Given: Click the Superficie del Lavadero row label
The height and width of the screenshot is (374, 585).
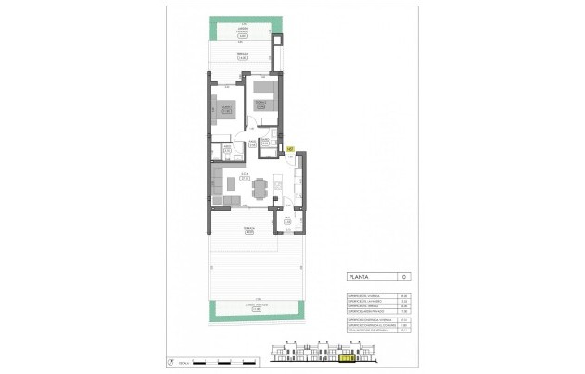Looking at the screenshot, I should click(362, 298).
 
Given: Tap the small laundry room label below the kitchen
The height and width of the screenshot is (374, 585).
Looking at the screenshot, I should click(287, 221).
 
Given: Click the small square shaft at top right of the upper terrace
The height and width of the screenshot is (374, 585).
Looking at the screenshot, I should click(275, 43).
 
